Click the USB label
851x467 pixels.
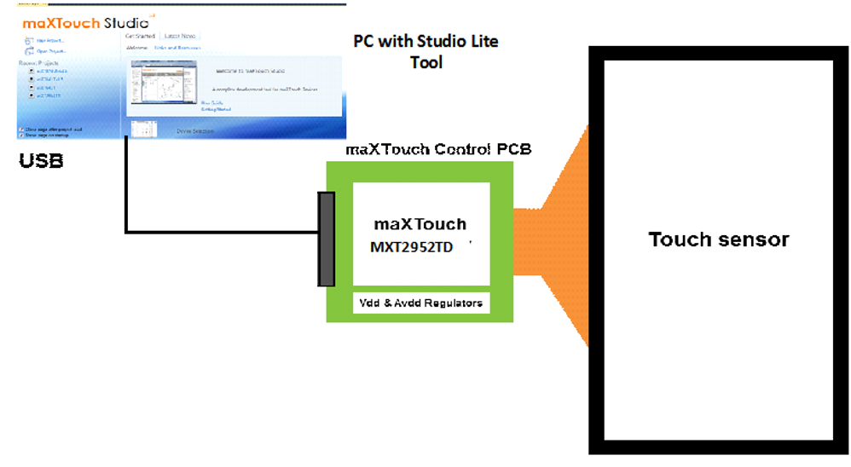point(41,160)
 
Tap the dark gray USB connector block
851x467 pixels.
point(326,239)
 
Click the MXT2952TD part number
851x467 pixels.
point(412,247)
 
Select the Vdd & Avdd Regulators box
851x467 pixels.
point(421,303)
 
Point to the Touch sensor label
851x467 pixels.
point(719,239)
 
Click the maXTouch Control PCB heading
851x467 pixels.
point(438,149)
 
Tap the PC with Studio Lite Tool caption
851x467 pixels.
point(425,51)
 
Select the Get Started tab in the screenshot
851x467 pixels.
point(141,36)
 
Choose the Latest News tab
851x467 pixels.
point(180,36)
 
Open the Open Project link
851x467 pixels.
point(50,50)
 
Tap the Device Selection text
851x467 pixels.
point(195,131)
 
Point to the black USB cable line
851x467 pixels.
point(126,196)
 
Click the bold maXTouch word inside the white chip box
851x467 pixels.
point(420,225)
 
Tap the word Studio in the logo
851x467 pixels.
point(125,23)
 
